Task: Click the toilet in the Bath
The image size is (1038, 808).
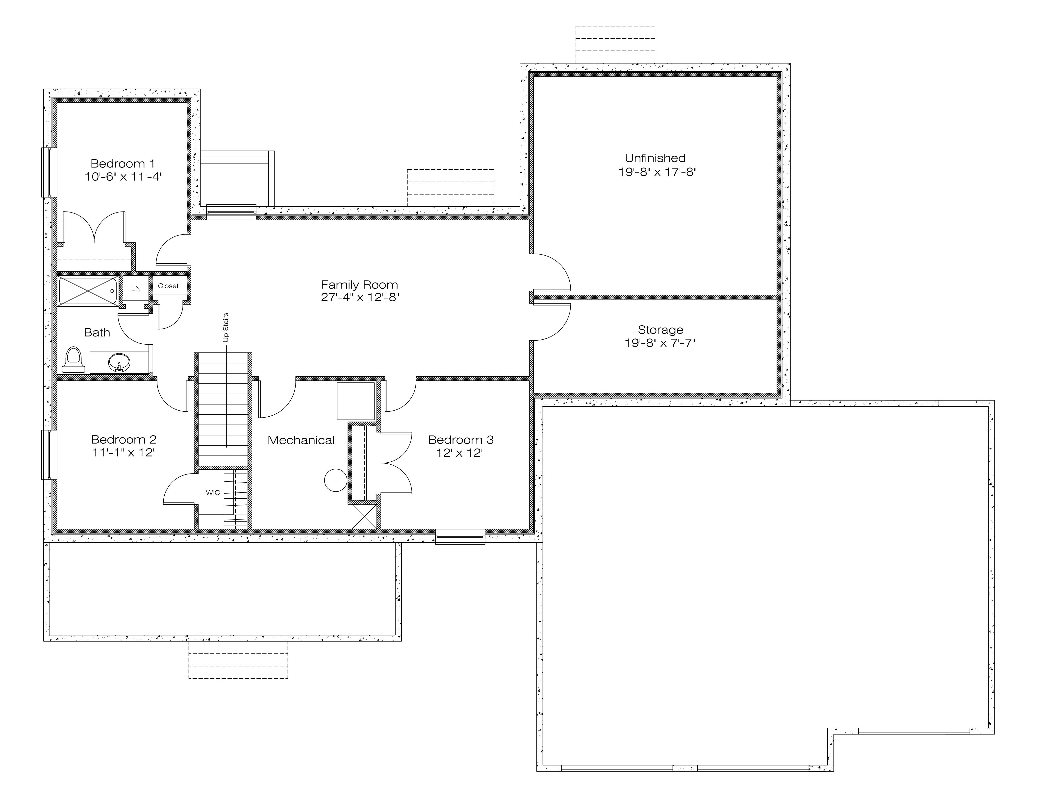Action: (x=73, y=359)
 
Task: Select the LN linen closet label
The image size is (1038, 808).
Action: (x=136, y=288)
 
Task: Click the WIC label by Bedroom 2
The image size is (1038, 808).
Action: (x=213, y=493)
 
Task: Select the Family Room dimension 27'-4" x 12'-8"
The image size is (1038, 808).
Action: (x=360, y=297)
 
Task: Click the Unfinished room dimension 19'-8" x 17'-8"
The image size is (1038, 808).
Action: (x=657, y=171)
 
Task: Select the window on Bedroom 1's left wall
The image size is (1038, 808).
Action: (x=49, y=172)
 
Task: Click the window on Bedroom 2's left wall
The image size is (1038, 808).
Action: (x=49, y=454)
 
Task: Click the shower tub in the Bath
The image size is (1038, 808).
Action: (x=88, y=291)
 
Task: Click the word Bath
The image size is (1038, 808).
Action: (x=97, y=333)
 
